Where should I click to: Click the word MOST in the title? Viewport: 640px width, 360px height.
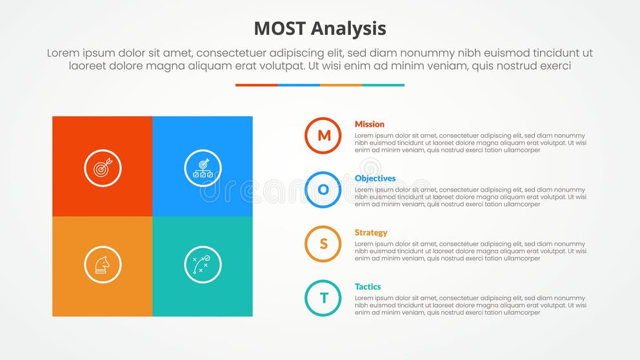(x=279, y=28)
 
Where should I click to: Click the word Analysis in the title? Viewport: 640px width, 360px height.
(x=348, y=28)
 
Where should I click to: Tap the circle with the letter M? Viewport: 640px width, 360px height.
(x=323, y=135)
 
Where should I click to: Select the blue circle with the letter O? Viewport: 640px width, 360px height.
(x=323, y=190)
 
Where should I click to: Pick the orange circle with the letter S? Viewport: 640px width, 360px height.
(x=323, y=244)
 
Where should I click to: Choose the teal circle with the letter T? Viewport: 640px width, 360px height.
(x=323, y=298)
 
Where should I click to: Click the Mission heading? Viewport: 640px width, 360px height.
(x=370, y=124)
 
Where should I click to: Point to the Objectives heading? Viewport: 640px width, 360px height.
(x=375, y=178)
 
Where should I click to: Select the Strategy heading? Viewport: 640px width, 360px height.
(x=371, y=232)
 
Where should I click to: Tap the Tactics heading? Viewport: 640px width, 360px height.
(x=368, y=286)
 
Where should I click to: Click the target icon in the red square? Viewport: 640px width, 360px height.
(x=103, y=168)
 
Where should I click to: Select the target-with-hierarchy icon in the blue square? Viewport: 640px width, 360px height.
(x=203, y=168)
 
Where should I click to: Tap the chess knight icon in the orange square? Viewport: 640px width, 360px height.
(x=103, y=265)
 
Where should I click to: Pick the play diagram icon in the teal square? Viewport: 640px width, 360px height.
(x=203, y=265)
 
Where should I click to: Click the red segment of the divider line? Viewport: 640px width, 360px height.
(x=256, y=85)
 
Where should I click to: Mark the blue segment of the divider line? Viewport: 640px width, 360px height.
(x=299, y=85)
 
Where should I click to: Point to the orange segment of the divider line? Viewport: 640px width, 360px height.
(x=341, y=85)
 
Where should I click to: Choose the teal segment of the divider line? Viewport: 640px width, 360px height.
(x=383, y=85)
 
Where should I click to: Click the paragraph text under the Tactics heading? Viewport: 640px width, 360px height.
(x=470, y=305)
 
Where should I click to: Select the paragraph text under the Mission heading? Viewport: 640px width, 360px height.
(x=470, y=143)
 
